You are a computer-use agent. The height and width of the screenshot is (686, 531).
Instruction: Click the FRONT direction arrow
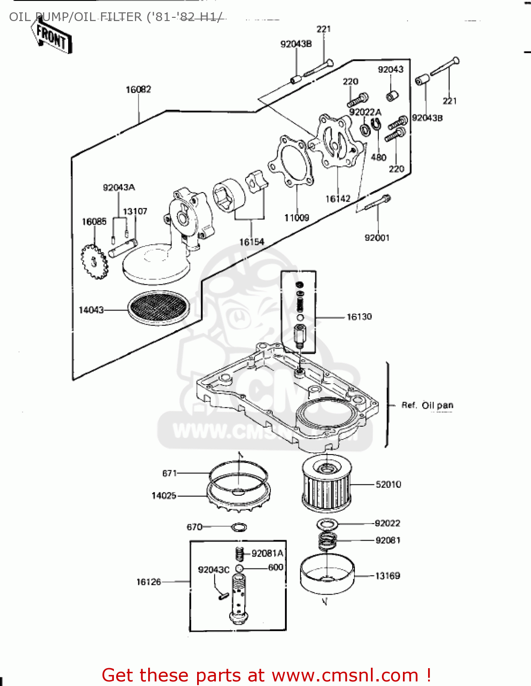click(52, 36)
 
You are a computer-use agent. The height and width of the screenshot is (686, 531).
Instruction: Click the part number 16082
click(138, 90)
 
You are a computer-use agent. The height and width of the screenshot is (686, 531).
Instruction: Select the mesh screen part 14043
click(158, 307)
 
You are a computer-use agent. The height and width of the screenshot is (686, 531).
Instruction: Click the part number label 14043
click(91, 310)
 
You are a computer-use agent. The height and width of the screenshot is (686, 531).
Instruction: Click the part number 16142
click(338, 198)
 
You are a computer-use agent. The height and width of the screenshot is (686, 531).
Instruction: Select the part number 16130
click(359, 316)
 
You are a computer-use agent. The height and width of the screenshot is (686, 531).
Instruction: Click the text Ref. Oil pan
click(427, 405)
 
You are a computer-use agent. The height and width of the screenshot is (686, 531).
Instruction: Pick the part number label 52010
click(388, 484)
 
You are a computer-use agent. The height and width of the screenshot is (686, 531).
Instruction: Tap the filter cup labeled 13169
click(327, 574)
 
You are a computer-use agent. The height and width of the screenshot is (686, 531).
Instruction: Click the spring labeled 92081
click(327, 541)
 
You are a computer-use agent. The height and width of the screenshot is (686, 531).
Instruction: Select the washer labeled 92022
click(327, 524)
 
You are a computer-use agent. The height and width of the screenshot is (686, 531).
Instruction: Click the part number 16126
click(149, 582)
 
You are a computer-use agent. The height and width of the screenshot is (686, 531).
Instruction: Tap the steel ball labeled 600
click(239, 568)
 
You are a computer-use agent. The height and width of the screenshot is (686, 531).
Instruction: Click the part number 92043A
click(119, 188)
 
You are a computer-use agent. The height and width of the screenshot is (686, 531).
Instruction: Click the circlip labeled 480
click(376, 124)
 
